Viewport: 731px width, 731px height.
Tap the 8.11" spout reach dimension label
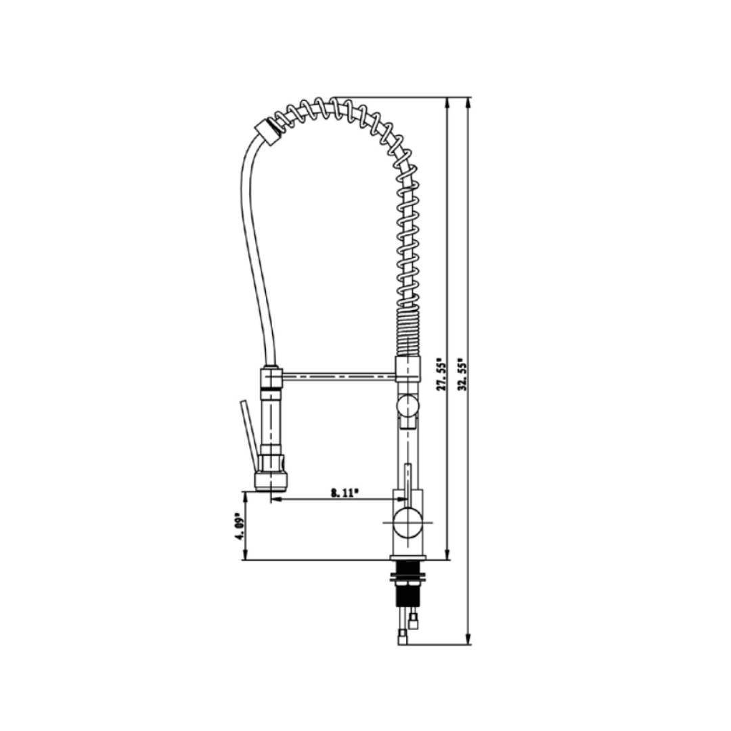tap(344, 493)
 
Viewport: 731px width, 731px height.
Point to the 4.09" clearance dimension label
tap(237, 527)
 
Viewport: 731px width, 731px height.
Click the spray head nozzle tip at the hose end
tap(271, 481)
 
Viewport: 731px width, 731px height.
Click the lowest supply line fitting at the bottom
tap(403, 637)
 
